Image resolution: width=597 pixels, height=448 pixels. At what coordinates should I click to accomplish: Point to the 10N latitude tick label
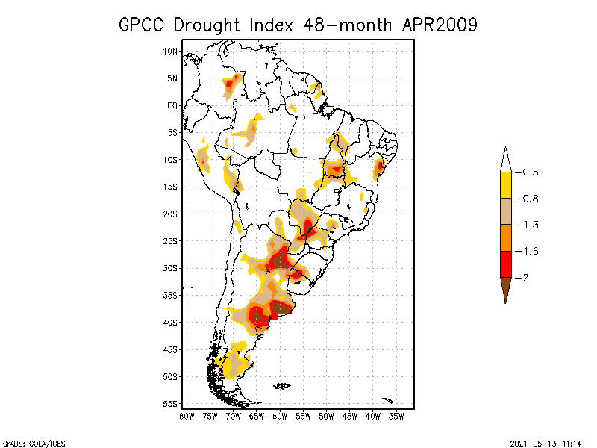170,51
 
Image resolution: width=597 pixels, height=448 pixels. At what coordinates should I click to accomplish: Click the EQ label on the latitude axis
172,105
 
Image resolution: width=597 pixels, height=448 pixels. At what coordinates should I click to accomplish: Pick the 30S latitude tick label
170,268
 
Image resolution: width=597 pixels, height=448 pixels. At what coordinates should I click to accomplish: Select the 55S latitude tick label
170,404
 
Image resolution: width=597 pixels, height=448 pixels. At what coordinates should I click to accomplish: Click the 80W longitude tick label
186,416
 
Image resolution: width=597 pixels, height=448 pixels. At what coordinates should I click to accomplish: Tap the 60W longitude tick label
279,416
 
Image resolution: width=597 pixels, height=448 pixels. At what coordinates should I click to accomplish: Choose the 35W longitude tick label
396,416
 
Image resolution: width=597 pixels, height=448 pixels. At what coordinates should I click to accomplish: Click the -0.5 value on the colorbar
528,172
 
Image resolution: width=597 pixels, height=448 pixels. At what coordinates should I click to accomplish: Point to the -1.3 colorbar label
528,225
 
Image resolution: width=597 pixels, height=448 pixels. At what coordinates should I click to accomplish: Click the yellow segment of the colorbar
505,185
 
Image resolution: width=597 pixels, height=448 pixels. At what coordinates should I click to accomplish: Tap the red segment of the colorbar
505,264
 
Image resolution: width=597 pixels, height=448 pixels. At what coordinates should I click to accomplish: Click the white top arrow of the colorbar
505,160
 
